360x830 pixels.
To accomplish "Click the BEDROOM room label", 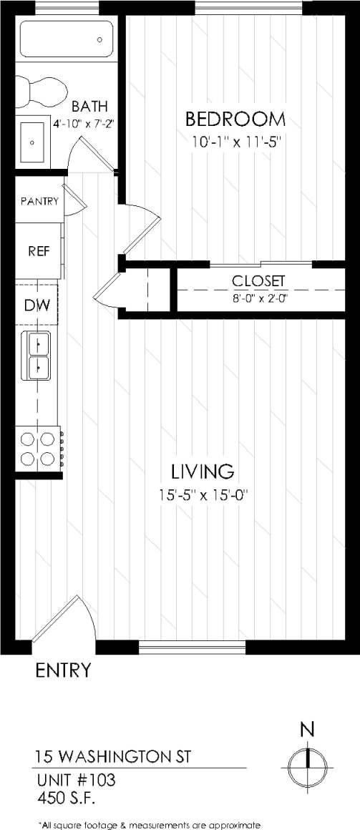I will pyautogui.click(x=235, y=118).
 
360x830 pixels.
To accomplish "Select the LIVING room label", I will pyautogui.click(x=202, y=472).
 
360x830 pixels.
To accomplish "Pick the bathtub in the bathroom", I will pyautogui.click(x=67, y=39).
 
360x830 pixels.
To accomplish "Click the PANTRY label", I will pyautogui.click(x=39, y=201).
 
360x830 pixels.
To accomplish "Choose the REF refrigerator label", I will pyautogui.click(x=38, y=251).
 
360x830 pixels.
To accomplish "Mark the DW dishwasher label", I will pyautogui.click(x=37, y=306).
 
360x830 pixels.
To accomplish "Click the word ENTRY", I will pyautogui.click(x=64, y=670).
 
